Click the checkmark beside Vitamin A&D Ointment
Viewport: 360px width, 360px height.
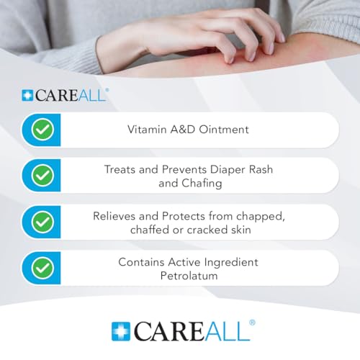[42, 130]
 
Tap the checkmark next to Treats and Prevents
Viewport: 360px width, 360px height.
[42, 175]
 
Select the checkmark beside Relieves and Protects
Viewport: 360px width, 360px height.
[42, 222]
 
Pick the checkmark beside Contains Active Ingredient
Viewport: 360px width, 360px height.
[42, 268]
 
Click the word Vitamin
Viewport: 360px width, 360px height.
[147, 130]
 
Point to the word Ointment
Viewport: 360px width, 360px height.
[224, 130]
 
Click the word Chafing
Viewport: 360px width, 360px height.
[202, 184]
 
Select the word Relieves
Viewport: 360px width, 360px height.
[114, 216]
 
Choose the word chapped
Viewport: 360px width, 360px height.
[261, 217]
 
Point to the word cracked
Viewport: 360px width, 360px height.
[207, 230]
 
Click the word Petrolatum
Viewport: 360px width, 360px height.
[189, 276]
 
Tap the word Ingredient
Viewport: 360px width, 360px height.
[231, 263]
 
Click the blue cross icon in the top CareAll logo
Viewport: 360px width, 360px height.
[27, 95]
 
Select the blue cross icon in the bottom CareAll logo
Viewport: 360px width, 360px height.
[121, 331]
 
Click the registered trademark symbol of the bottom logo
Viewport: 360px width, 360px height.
[252, 323]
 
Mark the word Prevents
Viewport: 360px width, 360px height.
[184, 169]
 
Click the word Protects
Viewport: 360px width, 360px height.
[184, 216]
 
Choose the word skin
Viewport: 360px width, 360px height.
[241, 230]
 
